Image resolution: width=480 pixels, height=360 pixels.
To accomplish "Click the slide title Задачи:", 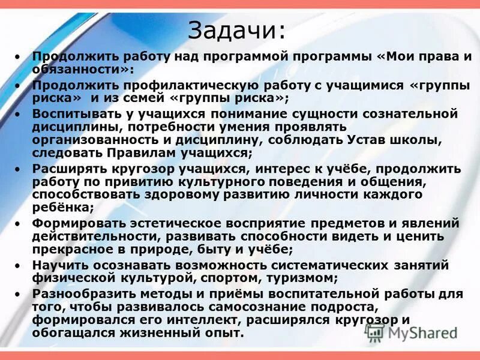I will [x=237, y=29].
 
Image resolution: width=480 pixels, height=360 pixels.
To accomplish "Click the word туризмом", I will [x=304, y=278].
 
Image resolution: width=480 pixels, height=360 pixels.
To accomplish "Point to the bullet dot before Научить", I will [x=17, y=265].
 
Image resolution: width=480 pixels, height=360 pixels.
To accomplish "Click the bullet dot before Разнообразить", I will [x=17, y=294].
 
